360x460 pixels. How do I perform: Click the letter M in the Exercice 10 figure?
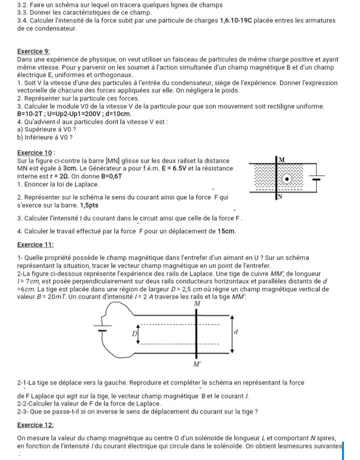281,158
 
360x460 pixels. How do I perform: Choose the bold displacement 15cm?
226,232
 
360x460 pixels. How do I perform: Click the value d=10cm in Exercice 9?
116,114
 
